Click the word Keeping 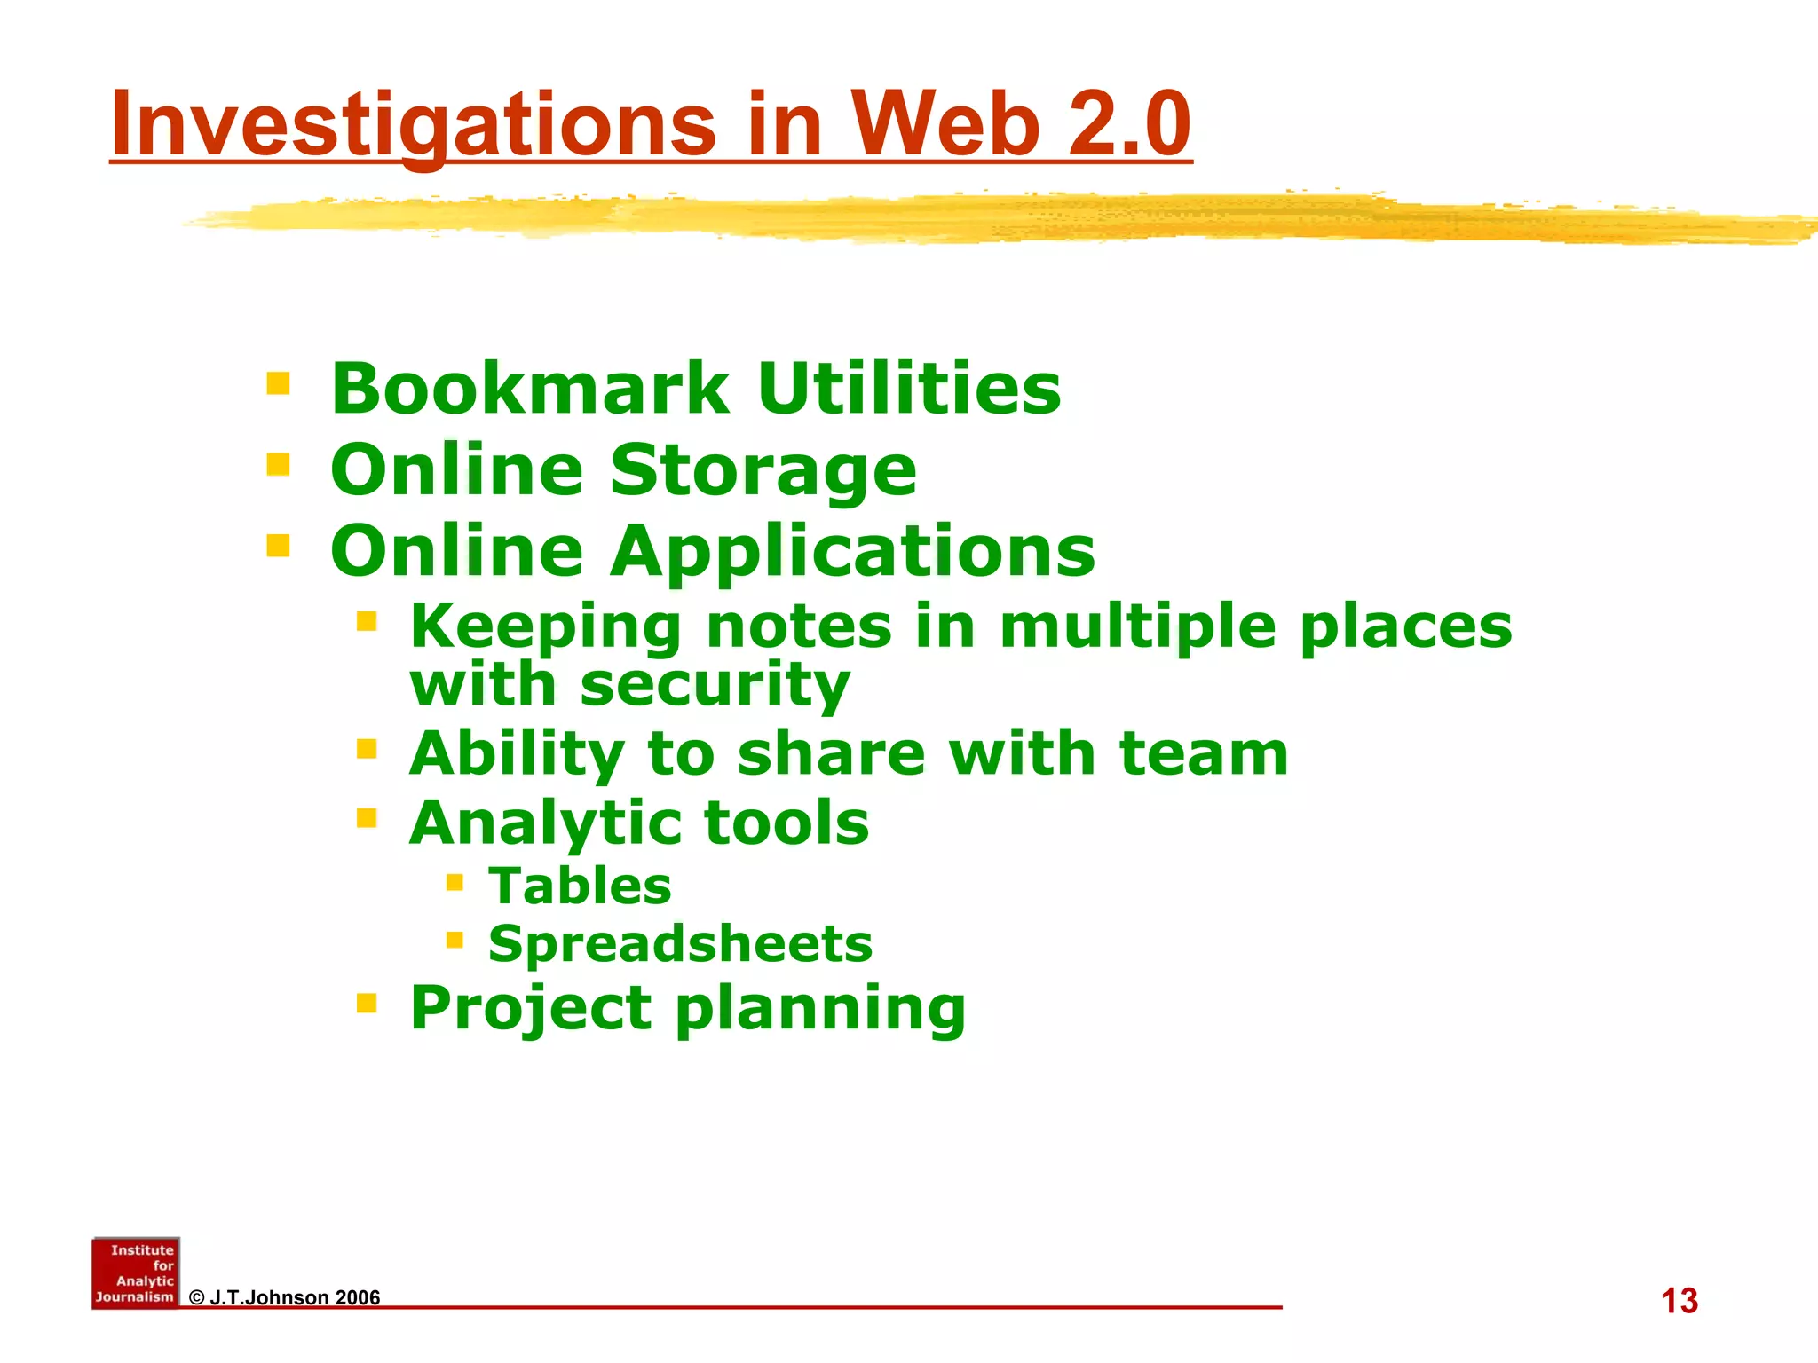coord(545,626)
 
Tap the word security coord(715,685)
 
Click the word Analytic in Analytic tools coord(544,823)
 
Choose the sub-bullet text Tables coord(580,886)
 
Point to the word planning coord(820,1008)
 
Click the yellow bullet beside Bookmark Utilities coord(278,383)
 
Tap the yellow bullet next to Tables coord(454,882)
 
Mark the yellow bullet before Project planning coord(367,1003)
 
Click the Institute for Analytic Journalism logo coord(136,1272)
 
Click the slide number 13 coord(1679,1301)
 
